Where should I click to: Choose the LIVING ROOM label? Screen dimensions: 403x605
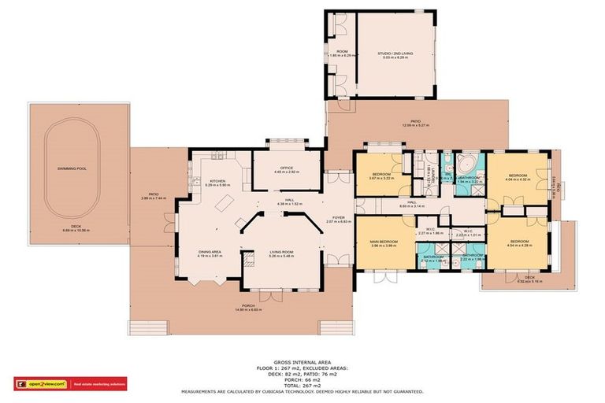click(281, 253)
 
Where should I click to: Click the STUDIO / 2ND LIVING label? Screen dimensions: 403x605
click(394, 54)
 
